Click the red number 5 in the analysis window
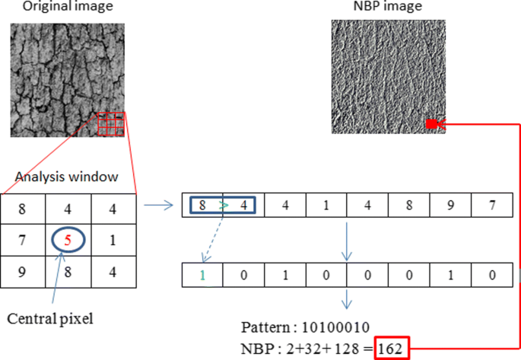tap(68, 241)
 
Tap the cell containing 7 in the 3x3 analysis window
tap(23, 241)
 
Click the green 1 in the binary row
tap(202, 273)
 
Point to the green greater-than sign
tap(223, 205)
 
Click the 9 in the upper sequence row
tap(449, 205)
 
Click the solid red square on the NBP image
tap(430, 124)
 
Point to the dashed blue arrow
tap(212, 239)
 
